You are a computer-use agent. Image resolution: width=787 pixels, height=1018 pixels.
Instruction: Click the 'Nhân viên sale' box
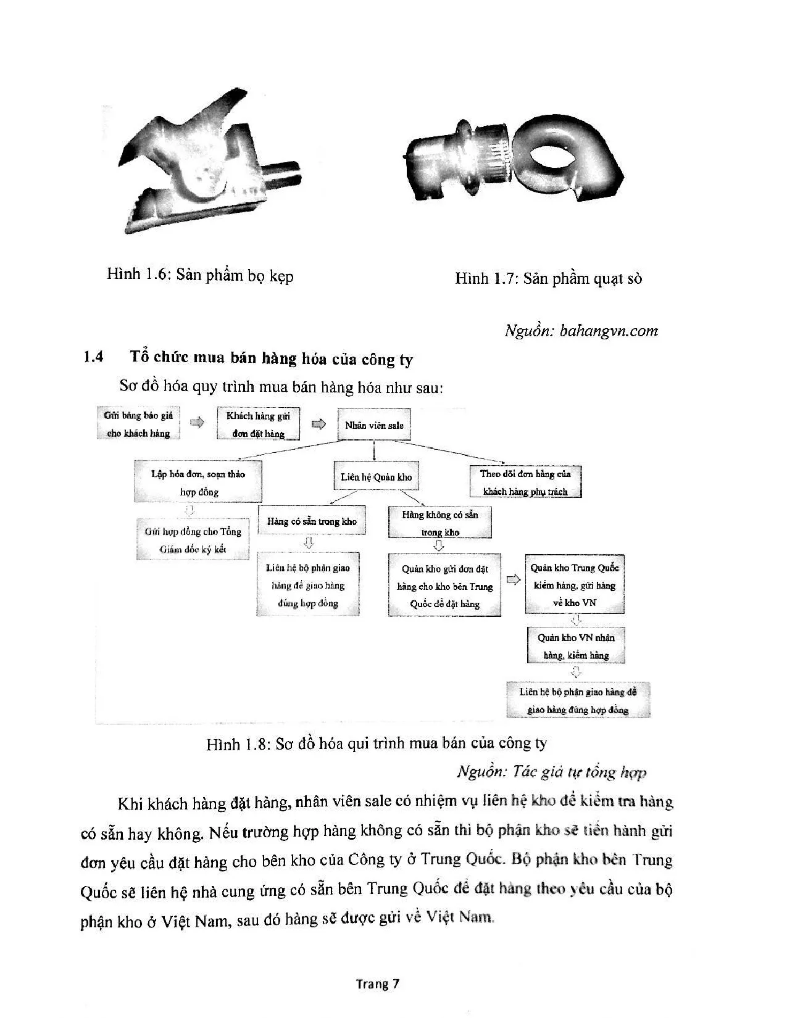374,425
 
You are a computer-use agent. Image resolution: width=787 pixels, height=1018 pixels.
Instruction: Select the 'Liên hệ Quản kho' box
376,477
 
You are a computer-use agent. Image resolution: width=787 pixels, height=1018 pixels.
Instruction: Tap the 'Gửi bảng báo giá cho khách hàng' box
138,424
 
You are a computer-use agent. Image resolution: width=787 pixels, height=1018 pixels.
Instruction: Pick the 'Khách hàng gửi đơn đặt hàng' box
258,424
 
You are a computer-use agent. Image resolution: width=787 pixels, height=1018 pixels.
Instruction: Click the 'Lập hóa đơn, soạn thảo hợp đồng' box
198,482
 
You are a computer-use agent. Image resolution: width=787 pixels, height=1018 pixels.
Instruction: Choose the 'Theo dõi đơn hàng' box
525,482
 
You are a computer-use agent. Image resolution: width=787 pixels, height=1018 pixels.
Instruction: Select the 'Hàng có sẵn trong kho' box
312,521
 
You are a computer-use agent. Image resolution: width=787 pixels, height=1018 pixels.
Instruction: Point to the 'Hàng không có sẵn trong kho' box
440,523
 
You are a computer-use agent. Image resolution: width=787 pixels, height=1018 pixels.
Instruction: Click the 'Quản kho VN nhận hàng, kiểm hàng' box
576,646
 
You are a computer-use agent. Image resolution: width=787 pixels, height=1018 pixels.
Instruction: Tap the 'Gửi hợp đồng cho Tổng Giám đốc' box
193,540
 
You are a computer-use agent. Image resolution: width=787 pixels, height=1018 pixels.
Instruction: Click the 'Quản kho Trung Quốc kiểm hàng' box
575,584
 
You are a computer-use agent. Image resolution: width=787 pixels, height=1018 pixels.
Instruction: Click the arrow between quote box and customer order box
197,423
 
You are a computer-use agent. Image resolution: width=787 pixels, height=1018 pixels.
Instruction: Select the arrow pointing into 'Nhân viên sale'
319,424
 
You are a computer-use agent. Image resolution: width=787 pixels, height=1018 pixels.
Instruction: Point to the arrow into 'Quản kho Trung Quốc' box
512,580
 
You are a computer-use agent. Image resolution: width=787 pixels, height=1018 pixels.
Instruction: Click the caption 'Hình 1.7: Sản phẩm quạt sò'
548,279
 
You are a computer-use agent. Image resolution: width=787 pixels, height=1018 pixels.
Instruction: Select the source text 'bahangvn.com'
609,331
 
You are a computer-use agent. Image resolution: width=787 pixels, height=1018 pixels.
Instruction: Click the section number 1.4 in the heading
93,357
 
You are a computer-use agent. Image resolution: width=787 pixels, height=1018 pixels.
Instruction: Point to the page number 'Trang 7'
377,983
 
